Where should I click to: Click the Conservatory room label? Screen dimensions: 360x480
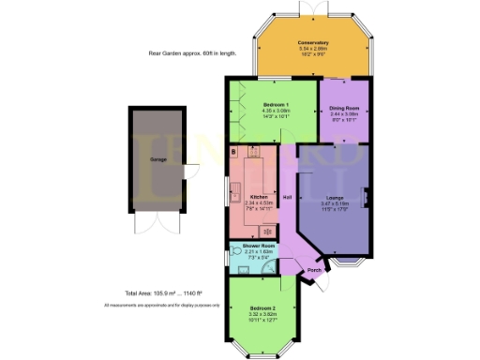[313, 42]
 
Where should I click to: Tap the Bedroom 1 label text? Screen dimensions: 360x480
[276, 103]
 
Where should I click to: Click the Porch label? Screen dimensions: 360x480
[315, 269]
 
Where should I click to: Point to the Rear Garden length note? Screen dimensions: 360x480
[192, 53]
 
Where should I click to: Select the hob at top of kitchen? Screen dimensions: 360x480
[253, 150]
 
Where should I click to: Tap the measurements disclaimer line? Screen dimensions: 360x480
[161, 306]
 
